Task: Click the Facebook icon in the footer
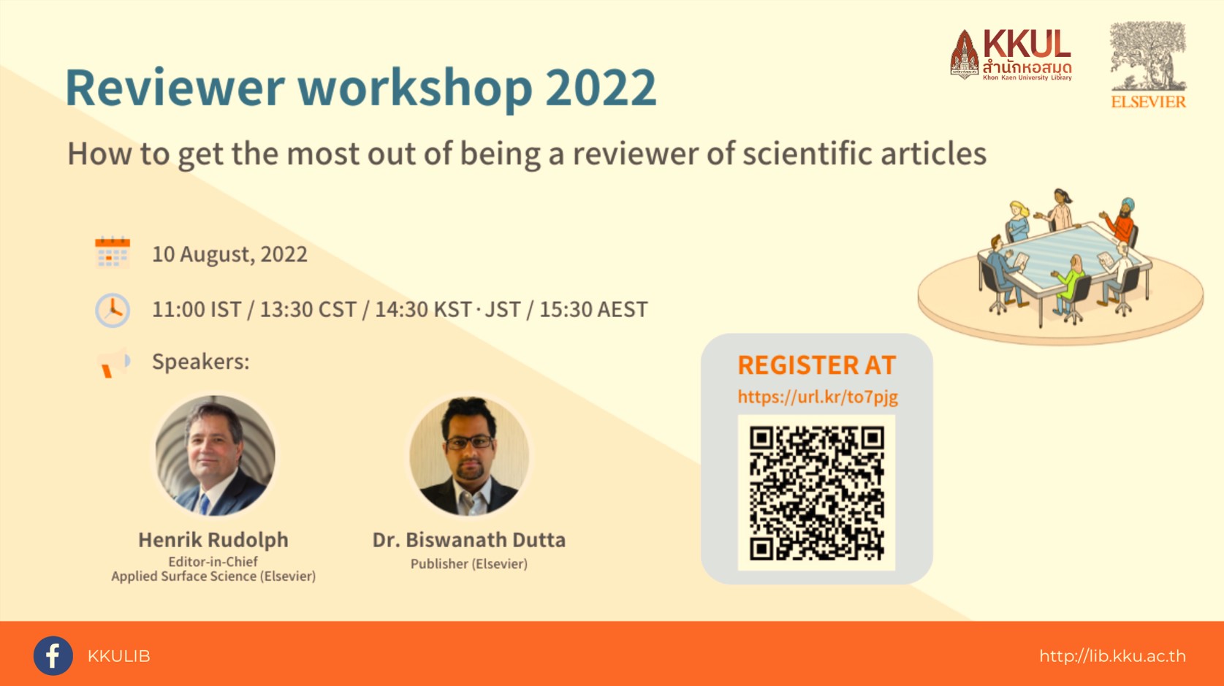click(53, 655)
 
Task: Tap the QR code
click(816, 492)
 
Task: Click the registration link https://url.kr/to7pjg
click(818, 397)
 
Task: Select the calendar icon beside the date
click(113, 252)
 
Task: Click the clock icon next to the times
click(113, 310)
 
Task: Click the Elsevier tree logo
click(1148, 65)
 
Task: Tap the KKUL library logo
click(1011, 55)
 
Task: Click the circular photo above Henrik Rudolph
click(216, 456)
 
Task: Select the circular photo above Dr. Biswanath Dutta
click(469, 456)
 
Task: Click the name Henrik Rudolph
click(213, 540)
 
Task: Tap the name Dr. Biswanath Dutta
click(469, 540)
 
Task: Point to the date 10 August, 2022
click(229, 254)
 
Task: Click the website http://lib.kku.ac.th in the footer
click(1112, 656)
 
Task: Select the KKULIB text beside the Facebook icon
click(118, 656)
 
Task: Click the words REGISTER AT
click(817, 365)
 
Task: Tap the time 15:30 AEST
click(593, 309)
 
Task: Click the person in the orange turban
click(1121, 221)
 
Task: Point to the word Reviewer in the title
click(175, 88)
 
